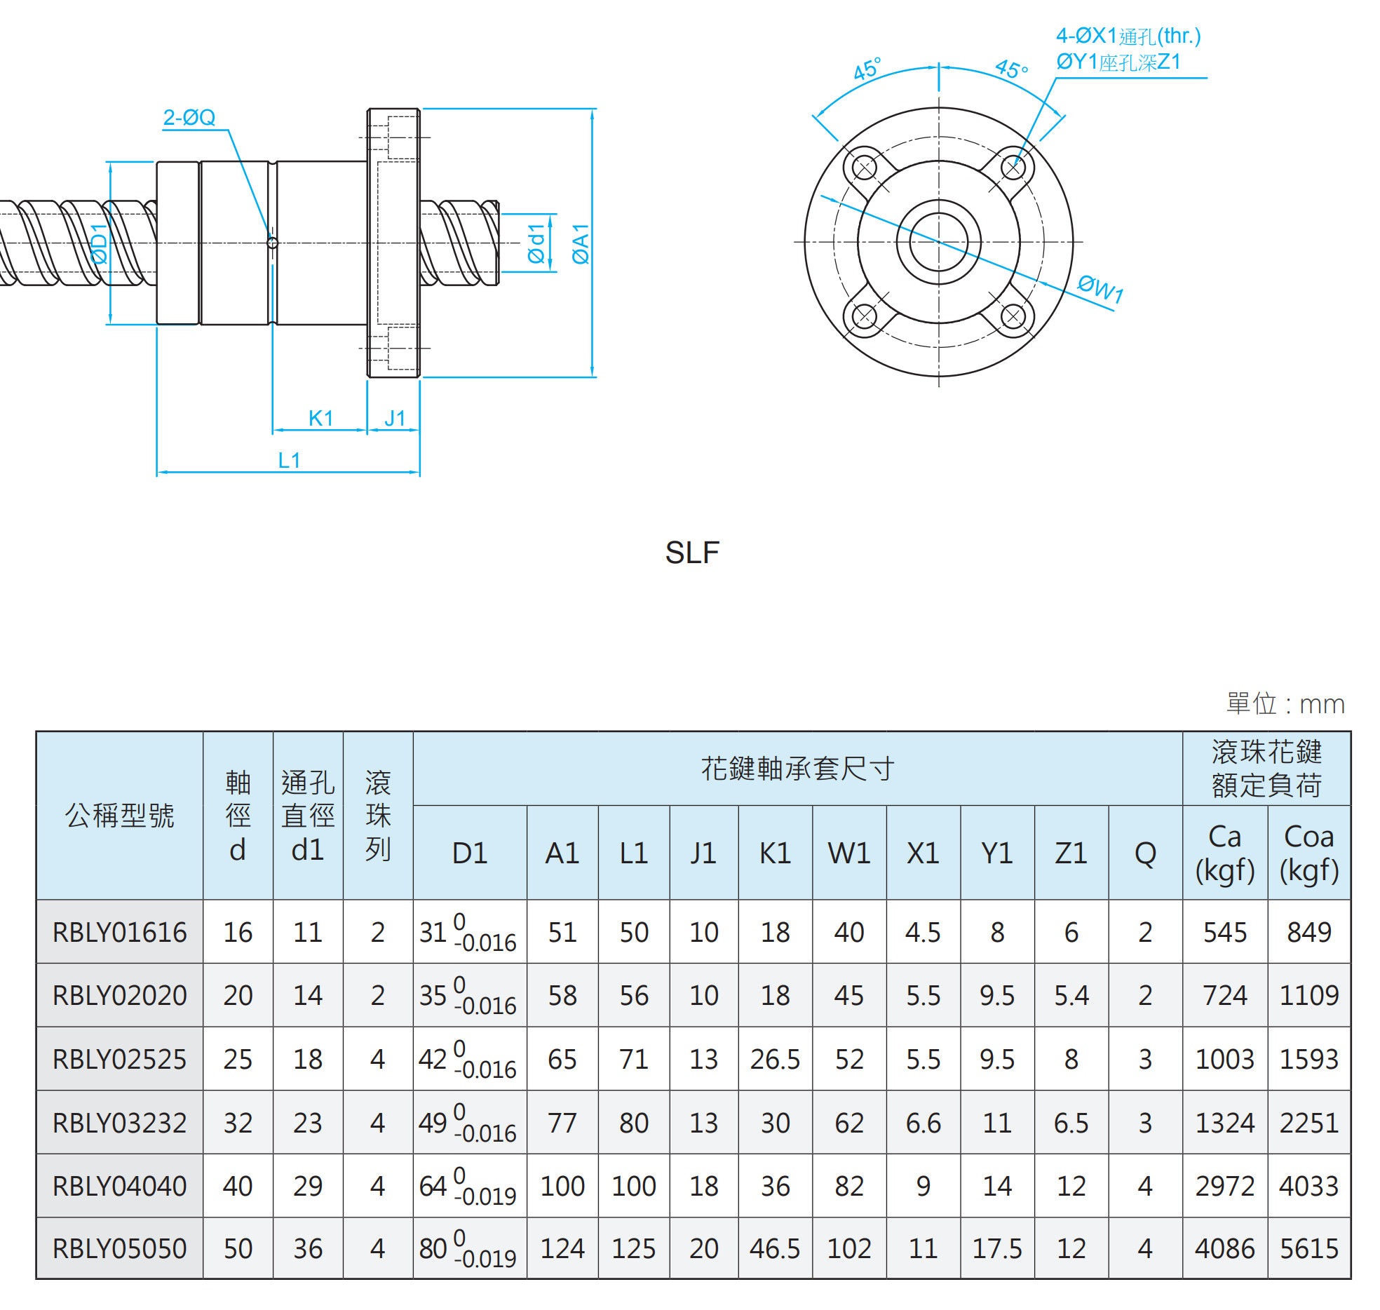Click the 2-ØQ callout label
tap(189, 117)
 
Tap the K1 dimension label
tap(320, 419)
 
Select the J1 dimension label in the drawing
tap(395, 419)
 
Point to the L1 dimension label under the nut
tap(289, 460)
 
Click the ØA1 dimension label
tap(581, 243)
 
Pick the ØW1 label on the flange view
tap(1100, 288)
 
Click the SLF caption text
tap(691, 553)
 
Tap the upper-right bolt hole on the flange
tap(1013, 168)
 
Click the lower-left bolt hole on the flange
tap(864, 316)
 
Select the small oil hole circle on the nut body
tap(273, 243)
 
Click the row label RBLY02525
tap(119, 1059)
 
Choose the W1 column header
tap(848, 853)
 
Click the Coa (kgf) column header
tap(1308, 853)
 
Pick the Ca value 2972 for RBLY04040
tap(1224, 1186)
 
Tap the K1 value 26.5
tap(775, 1059)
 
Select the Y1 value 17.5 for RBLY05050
tap(996, 1248)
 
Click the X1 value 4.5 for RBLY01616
tap(923, 932)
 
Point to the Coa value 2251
tap(1308, 1123)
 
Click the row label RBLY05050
tap(119, 1248)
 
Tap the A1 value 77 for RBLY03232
tap(562, 1123)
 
